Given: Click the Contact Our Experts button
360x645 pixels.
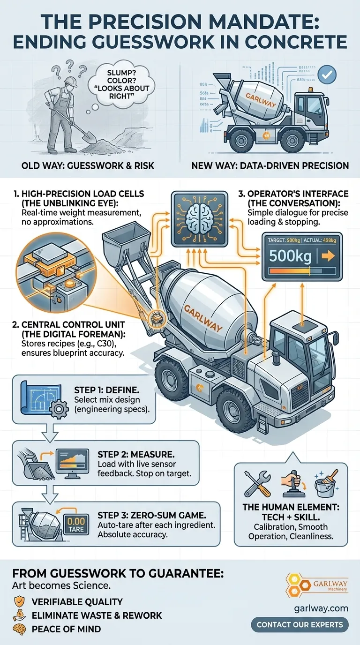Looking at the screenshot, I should (300, 624).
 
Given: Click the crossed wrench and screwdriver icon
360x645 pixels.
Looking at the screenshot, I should (257, 484).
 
